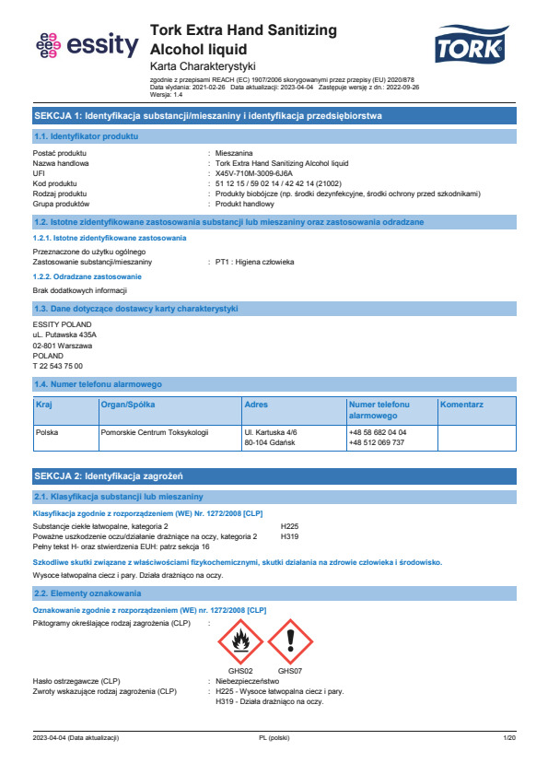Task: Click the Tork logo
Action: (471, 44)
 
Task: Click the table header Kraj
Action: (44, 405)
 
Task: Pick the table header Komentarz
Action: (462, 405)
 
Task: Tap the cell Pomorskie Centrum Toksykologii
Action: (155, 432)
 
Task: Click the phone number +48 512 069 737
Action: (377, 442)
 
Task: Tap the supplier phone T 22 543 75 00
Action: (57, 366)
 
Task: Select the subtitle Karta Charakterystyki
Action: (202, 66)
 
